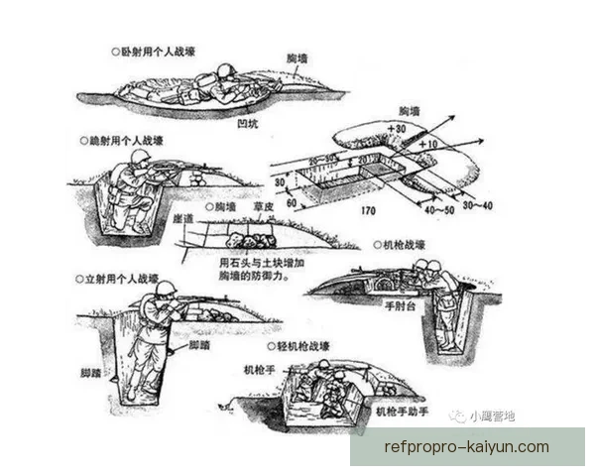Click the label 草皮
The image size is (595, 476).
(262, 208)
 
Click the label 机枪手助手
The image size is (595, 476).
(402, 411)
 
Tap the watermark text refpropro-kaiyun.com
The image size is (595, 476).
(466, 446)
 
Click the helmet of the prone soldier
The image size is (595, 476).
(225, 70)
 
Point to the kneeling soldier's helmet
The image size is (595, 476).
(136, 158)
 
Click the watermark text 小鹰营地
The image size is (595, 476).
(493, 417)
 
